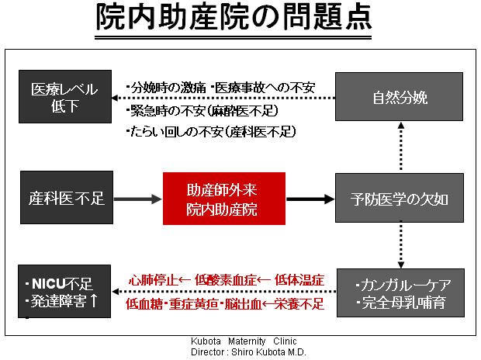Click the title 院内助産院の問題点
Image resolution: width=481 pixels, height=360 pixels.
click(234, 17)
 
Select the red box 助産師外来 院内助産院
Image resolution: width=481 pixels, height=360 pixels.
click(224, 199)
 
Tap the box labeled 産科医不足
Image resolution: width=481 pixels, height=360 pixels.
click(67, 198)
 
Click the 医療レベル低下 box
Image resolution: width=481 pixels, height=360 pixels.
click(65, 97)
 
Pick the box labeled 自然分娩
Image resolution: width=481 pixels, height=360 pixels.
click(399, 97)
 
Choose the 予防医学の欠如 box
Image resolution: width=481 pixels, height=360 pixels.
click(399, 198)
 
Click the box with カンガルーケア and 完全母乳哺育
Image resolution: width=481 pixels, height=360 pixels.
click(400, 292)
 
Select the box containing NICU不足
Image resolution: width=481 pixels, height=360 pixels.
click(64, 291)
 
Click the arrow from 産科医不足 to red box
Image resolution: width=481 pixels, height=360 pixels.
click(138, 199)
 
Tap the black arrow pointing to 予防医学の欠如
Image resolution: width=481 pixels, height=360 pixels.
click(310, 199)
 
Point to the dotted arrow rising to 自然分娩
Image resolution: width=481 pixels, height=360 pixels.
click(401, 146)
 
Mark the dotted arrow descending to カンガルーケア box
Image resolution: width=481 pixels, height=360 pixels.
click(401, 244)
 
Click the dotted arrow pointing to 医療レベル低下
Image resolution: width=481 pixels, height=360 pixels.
click(223, 99)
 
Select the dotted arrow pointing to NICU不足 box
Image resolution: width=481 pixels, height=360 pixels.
click(224, 292)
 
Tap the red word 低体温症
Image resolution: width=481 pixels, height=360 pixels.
click(299, 280)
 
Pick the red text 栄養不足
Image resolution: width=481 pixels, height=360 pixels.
click(299, 304)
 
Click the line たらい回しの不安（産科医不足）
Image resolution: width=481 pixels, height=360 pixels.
click(211, 132)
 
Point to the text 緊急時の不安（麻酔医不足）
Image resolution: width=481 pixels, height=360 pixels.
click(202, 111)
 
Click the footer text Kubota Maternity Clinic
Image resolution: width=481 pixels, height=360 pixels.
click(244, 341)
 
